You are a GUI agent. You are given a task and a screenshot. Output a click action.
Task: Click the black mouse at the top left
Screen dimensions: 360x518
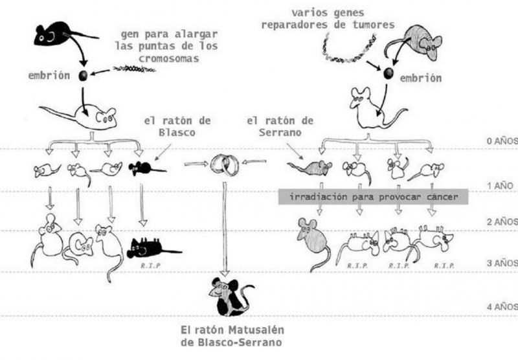(x=55, y=34)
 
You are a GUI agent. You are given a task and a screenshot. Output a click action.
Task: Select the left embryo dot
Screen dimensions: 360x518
(x=83, y=76)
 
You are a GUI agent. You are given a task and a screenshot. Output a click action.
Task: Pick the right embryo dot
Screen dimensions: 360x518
(x=387, y=73)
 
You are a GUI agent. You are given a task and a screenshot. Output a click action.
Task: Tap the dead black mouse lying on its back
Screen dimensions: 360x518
(x=153, y=247)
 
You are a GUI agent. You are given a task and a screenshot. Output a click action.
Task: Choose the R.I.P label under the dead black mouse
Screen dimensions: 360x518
(x=148, y=264)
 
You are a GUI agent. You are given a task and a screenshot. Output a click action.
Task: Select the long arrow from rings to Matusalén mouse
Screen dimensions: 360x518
(x=224, y=226)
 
